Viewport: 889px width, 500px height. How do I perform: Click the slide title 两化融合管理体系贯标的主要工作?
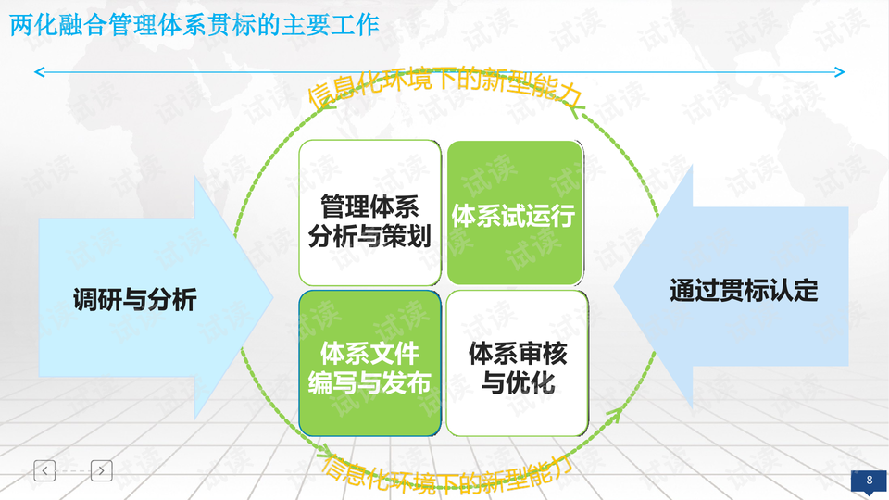tap(194, 25)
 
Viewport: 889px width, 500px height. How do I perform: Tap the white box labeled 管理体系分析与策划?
tap(369, 213)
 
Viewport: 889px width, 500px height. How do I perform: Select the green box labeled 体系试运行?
tap(514, 213)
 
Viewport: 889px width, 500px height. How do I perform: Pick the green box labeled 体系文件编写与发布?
tap(369, 363)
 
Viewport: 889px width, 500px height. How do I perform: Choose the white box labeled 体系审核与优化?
tap(517, 363)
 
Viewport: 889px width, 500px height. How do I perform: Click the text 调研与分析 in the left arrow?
tap(135, 299)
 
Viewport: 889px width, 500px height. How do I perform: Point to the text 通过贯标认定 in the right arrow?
tap(744, 291)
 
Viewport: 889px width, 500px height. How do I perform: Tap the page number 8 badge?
tap(869, 481)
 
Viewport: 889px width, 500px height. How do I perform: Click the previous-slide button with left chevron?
tap(45, 470)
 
